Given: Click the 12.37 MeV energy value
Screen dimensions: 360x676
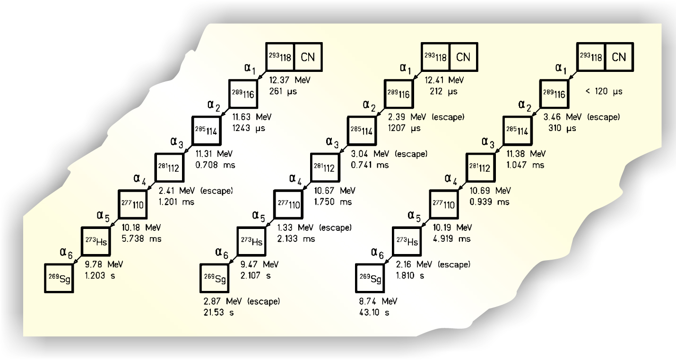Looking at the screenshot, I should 290,80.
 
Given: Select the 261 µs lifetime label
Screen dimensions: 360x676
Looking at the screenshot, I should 283,91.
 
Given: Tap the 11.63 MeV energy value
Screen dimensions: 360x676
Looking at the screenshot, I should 252,117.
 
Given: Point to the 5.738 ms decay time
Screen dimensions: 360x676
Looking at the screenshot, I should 138,239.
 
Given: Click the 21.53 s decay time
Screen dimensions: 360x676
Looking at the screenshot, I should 218,313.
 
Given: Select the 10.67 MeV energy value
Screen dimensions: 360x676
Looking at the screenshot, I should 334,191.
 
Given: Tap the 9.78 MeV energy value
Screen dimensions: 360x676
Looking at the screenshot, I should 100,264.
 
